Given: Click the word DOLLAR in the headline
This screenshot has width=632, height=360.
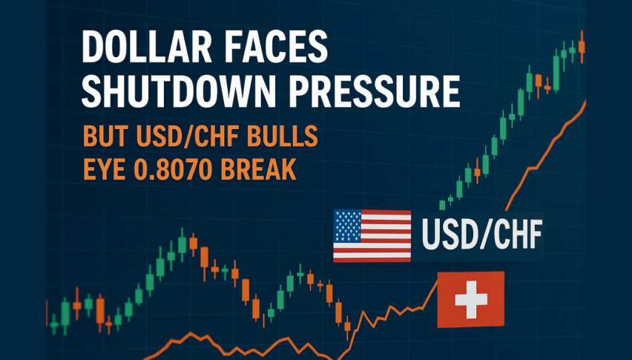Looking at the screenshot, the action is click(x=147, y=47).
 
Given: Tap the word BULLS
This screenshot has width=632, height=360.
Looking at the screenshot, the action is click(x=283, y=137).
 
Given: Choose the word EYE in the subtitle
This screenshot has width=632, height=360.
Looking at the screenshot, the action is click(x=104, y=169).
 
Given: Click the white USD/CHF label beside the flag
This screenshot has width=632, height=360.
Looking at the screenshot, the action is click(x=481, y=235).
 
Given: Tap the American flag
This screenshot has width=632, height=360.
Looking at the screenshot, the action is click(x=372, y=236).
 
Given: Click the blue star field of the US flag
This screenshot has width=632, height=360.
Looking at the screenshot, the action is click(x=348, y=226).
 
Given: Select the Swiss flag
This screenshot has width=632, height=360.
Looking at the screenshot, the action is click(x=470, y=300).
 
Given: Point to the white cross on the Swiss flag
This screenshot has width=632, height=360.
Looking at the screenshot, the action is click(x=471, y=300).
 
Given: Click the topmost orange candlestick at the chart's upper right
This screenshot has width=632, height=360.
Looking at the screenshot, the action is click(x=582, y=46).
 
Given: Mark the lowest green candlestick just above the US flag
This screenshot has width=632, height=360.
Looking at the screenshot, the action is click(x=442, y=205).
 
